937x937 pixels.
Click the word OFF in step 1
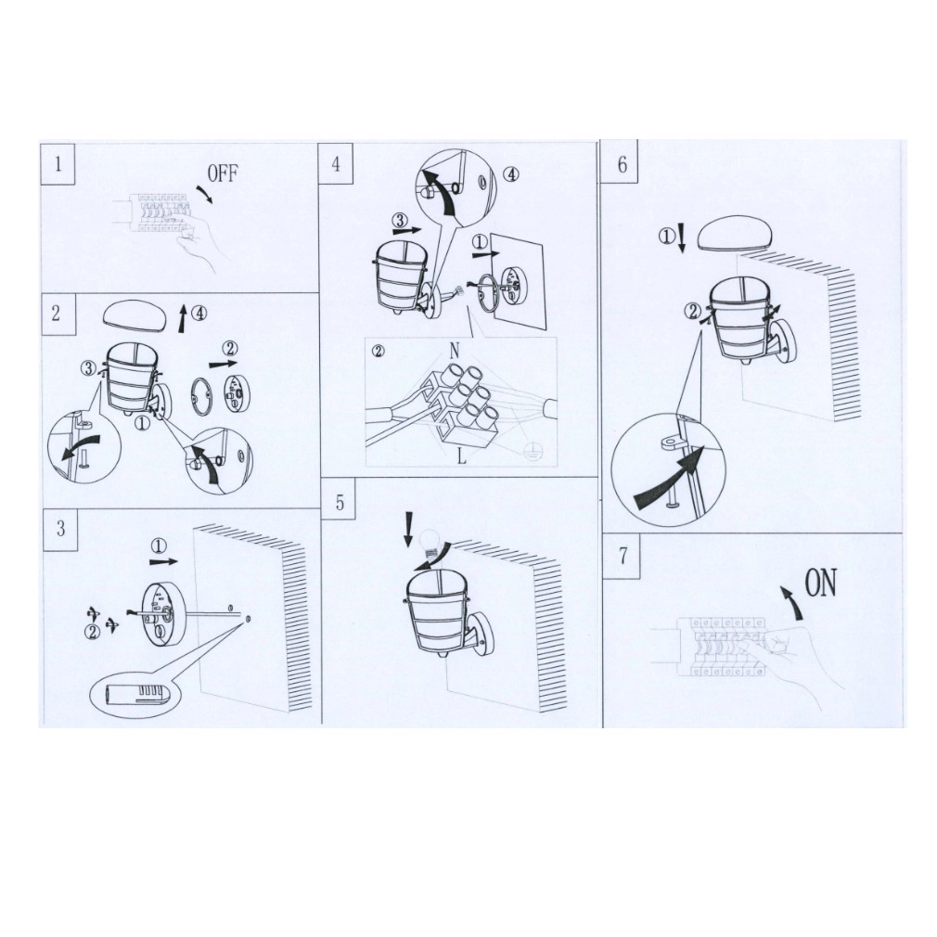click(x=223, y=173)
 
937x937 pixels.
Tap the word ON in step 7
click(x=820, y=583)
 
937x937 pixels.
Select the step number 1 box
click(x=58, y=163)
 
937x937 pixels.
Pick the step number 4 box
click(x=335, y=163)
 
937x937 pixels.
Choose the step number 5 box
click(x=340, y=502)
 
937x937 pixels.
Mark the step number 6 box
click(x=621, y=163)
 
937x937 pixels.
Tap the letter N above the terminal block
click(x=455, y=351)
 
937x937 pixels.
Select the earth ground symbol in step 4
click(x=531, y=452)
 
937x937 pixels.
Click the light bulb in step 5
click(x=430, y=542)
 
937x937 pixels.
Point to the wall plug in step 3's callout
click(x=135, y=695)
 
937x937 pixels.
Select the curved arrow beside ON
click(x=792, y=602)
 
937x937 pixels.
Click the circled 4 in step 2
click(x=199, y=313)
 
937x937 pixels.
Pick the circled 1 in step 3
click(x=159, y=545)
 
